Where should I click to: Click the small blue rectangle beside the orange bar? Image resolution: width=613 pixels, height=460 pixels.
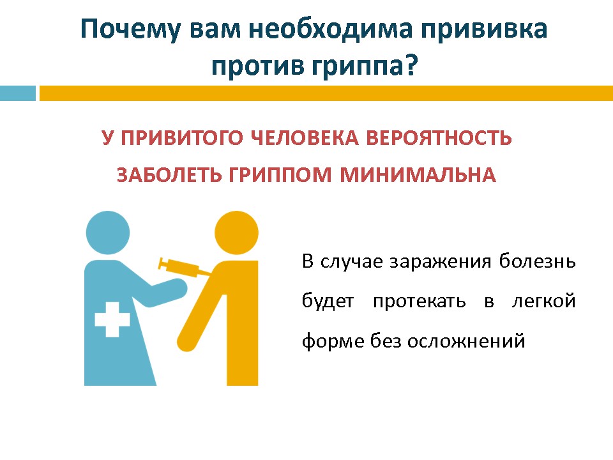18,93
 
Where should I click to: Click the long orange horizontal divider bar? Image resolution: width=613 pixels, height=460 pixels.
326,93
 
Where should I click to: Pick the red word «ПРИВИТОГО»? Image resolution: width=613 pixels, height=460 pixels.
181,138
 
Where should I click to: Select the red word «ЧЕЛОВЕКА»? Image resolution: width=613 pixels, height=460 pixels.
304,138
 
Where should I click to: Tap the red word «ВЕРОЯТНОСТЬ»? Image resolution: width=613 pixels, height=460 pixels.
439,138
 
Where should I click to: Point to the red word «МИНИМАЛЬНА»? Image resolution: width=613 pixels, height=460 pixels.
418,175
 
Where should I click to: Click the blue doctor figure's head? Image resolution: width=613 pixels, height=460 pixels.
107,233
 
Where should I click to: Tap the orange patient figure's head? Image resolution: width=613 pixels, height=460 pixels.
236,233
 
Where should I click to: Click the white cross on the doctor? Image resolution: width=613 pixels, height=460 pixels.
112,319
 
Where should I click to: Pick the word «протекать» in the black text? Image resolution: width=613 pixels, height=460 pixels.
420,302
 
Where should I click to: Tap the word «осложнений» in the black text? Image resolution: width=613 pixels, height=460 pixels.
466,341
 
